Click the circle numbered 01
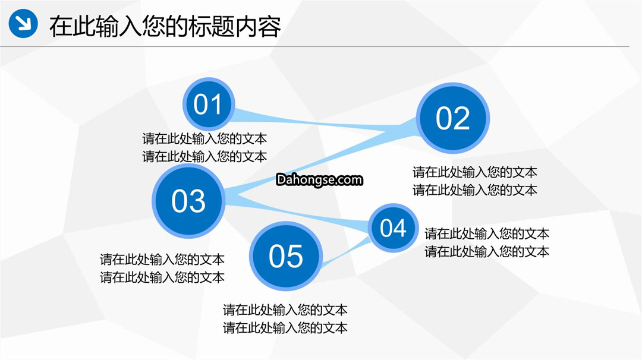click(209, 104)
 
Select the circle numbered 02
click(452, 118)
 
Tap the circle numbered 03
click(188, 201)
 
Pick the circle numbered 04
click(393, 228)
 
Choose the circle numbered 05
click(286, 256)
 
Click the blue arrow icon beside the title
click(23, 23)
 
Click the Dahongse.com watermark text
click(319, 179)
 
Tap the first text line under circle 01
click(204, 138)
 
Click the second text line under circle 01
click(204, 156)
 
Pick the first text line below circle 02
click(475, 172)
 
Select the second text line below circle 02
click(475, 190)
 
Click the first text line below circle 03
click(162, 260)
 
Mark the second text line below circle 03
click(162, 277)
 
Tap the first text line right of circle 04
click(487, 233)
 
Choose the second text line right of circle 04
click(487, 251)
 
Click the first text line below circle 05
click(285, 310)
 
